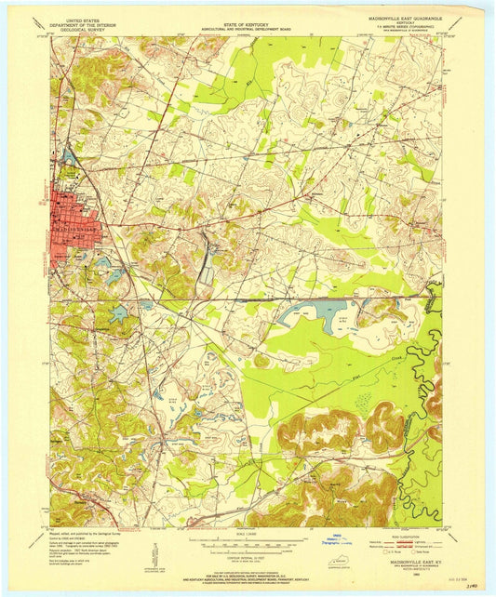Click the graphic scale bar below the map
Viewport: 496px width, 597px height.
click(248, 543)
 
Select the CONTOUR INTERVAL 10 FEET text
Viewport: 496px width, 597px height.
click(248, 554)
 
